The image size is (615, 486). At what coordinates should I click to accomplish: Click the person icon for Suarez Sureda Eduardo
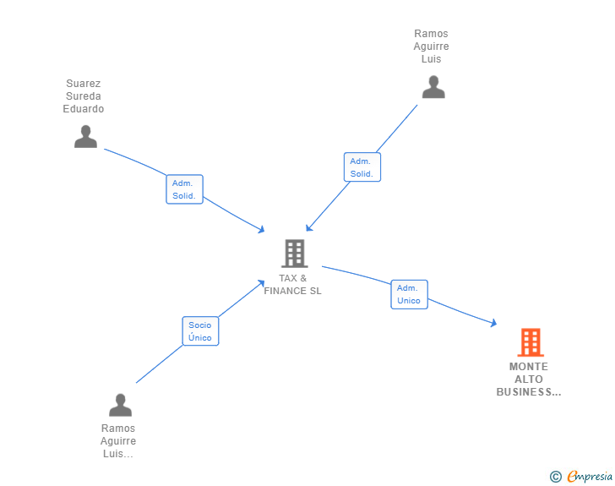(85, 136)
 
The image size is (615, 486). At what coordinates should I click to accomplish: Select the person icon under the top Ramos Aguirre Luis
(433, 87)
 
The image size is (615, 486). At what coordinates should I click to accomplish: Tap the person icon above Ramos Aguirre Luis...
(120, 405)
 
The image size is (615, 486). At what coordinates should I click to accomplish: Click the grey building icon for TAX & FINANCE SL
(293, 253)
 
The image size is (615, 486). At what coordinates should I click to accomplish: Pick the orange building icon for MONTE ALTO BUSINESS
(530, 342)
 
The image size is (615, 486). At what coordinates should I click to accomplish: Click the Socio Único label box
(200, 331)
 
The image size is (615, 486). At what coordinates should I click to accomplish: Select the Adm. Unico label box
(409, 294)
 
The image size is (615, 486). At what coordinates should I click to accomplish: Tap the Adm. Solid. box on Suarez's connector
(183, 189)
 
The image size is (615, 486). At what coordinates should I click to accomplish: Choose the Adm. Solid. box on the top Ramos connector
(362, 167)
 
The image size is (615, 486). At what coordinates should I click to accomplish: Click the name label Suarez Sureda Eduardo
(84, 96)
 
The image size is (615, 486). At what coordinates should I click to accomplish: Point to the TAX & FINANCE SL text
(292, 285)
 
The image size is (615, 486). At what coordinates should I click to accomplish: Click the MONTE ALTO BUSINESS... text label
(528, 380)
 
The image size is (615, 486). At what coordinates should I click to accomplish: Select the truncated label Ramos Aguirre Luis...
(118, 441)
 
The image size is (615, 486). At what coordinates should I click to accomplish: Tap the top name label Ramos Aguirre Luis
(431, 46)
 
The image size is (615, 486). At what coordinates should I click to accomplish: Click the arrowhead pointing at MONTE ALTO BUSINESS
(493, 323)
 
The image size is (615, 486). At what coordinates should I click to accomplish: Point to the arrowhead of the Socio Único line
(262, 282)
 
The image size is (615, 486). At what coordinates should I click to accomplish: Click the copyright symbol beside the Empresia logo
(555, 477)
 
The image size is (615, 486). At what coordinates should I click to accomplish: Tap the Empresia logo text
(590, 477)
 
